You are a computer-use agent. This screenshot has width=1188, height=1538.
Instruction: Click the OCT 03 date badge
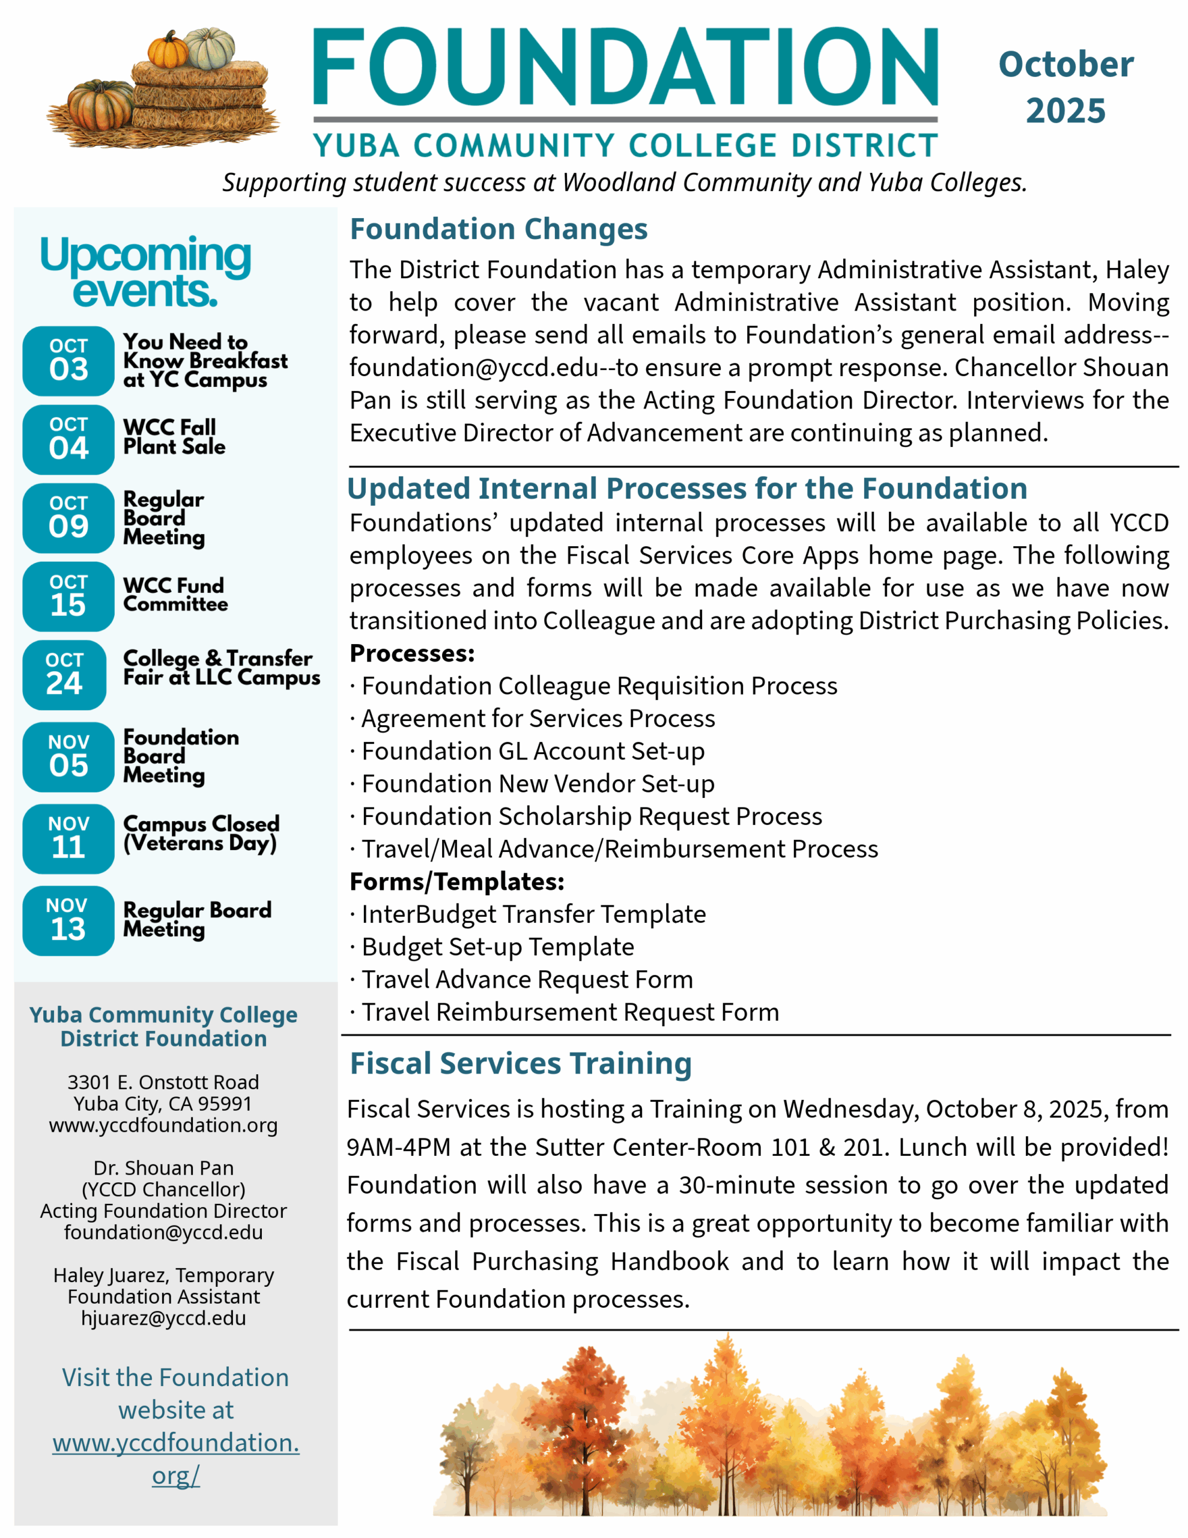68,360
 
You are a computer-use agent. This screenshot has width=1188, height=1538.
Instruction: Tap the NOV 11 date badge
68,838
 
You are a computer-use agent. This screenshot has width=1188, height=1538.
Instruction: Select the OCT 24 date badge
65,675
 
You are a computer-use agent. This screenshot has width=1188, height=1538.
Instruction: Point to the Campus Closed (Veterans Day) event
201,833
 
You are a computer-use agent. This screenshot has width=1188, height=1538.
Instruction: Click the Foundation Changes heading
499,229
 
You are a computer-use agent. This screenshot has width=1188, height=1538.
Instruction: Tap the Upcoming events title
145,273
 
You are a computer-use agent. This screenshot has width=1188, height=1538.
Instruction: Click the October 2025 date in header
1065,87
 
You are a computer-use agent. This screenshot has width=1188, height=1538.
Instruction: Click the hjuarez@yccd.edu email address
163,1318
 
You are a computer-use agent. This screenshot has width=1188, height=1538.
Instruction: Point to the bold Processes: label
412,654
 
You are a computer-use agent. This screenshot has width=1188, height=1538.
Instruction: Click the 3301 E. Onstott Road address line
163,1081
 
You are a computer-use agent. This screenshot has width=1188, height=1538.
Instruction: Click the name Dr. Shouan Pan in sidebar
163,1167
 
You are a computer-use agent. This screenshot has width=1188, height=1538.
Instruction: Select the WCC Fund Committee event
175,595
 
